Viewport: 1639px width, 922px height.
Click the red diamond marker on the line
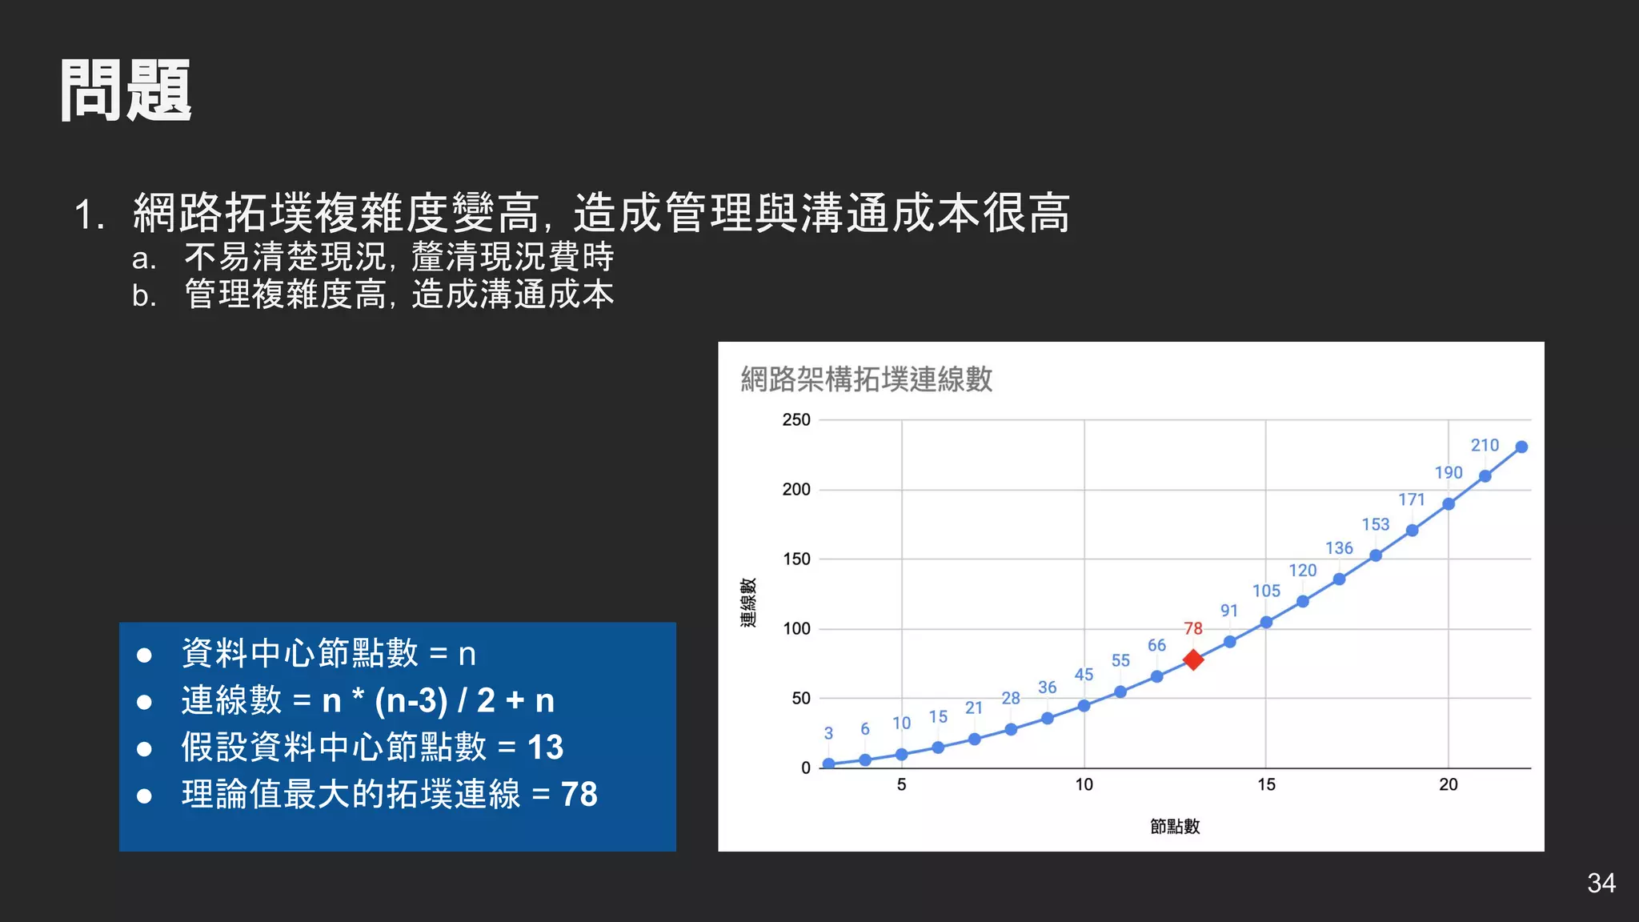pos(1192,659)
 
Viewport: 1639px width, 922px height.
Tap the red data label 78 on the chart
pos(1192,628)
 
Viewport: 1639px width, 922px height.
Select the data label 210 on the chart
pos(1485,445)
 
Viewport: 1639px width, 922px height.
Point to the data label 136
pos(1339,548)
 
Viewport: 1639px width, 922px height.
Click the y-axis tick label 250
pos(796,419)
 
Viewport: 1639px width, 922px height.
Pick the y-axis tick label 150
pos(796,559)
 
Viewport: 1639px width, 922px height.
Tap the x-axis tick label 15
pos(1266,784)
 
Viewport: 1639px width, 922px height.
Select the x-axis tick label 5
pos(902,784)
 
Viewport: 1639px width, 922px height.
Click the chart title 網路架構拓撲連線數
pos(867,379)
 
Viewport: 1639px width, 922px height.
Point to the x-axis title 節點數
pos(1175,826)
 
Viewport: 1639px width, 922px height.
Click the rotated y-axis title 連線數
pos(748,603)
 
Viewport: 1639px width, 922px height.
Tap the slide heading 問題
pos(126,90)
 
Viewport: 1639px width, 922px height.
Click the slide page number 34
pos(1601,883)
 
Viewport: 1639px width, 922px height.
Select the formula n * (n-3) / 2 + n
pos(438,700)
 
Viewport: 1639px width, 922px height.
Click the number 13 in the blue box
pos(545,747)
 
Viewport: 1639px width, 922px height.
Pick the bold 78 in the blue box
pos(579,794)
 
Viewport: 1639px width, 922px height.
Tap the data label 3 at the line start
pos(828,733)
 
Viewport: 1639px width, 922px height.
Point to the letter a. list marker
pos(144,259)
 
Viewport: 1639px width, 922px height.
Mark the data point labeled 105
pos(1266,622)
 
